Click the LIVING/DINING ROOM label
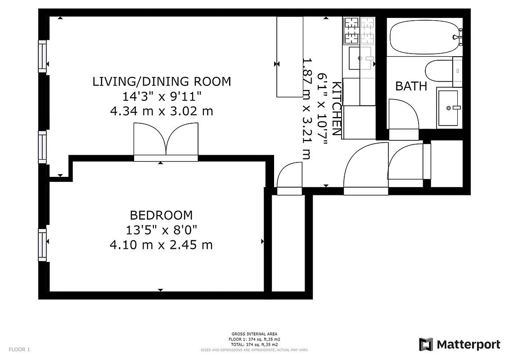[x=162, y=81]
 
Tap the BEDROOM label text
[x=161, y=215]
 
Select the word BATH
[x=411, y=86]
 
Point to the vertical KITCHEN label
[x=336, y=108]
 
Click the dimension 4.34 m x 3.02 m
[x=162, y=111]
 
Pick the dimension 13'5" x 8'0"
[x=161, y=230]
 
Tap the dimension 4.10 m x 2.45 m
[x=161, y=245]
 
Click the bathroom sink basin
[x=448, y=108]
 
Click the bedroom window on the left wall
[x=42, y=245]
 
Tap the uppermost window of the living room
[x=42, y=56]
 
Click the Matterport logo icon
[x=426, y=345]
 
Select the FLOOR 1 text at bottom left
[x=19, y=349]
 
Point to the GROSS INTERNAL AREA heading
[x=254, y=334]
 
